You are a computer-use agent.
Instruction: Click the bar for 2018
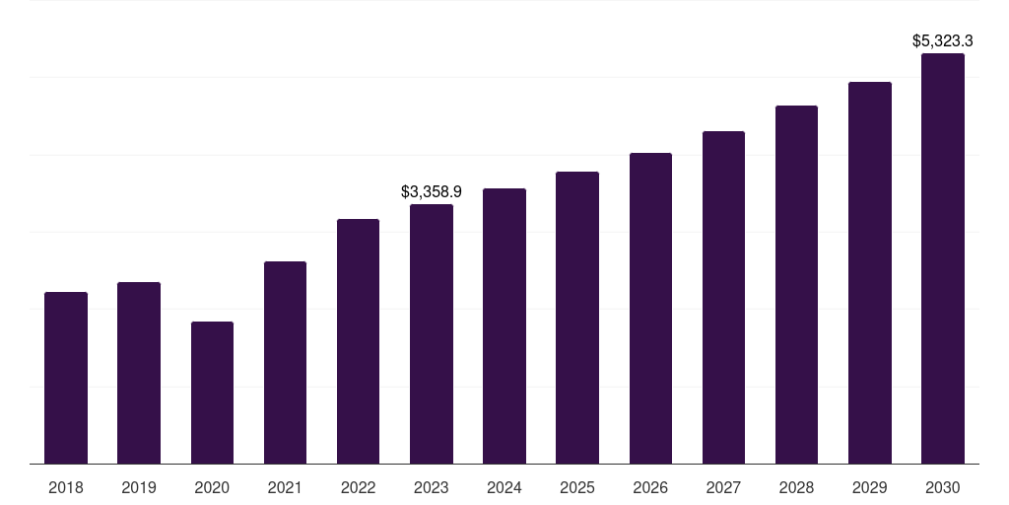click(66, 378)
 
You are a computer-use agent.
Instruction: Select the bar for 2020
click(213, 393)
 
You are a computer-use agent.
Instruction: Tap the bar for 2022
click(358, 341)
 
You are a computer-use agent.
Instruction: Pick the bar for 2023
click(432, 334)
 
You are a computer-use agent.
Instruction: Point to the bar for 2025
click(577, 318)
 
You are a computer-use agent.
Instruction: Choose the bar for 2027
click(723, 298)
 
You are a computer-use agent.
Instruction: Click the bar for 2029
click(870, 273)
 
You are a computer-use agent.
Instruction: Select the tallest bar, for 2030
click(943, 258)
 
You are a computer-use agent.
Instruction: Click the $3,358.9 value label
click(432, 192)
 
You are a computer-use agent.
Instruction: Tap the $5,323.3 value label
click(943, 41)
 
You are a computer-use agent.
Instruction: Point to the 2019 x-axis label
click(139, 487)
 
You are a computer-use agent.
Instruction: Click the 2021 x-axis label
click(285, 487)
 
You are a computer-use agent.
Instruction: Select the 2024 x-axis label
click(504, 487)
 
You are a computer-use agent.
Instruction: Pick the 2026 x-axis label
click(650, 487)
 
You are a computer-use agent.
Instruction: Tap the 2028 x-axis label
click(796, 487)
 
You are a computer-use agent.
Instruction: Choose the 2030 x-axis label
click(943, 487)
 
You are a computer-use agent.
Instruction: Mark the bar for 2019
click(139, 373)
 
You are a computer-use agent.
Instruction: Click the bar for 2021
click(285, 363)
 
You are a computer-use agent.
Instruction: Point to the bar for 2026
click(650, 309)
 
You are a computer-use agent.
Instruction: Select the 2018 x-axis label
click(66, 487)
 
